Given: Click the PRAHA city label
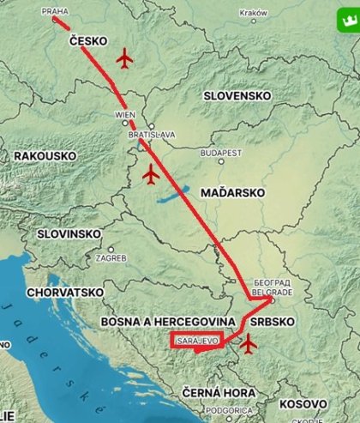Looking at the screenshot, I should [x=53, y=13].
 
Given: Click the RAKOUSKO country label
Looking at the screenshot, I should [x=46, y=156].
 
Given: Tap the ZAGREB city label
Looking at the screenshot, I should [x=112, y=257].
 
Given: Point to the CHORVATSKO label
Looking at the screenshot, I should [x=65, y=292].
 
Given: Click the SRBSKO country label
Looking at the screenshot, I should [x=273, y=321].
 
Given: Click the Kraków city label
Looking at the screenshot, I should [x=254, y=14].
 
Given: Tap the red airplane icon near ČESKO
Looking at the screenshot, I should [x=125, y=58].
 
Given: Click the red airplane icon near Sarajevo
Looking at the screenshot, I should [x=249, y=344].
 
